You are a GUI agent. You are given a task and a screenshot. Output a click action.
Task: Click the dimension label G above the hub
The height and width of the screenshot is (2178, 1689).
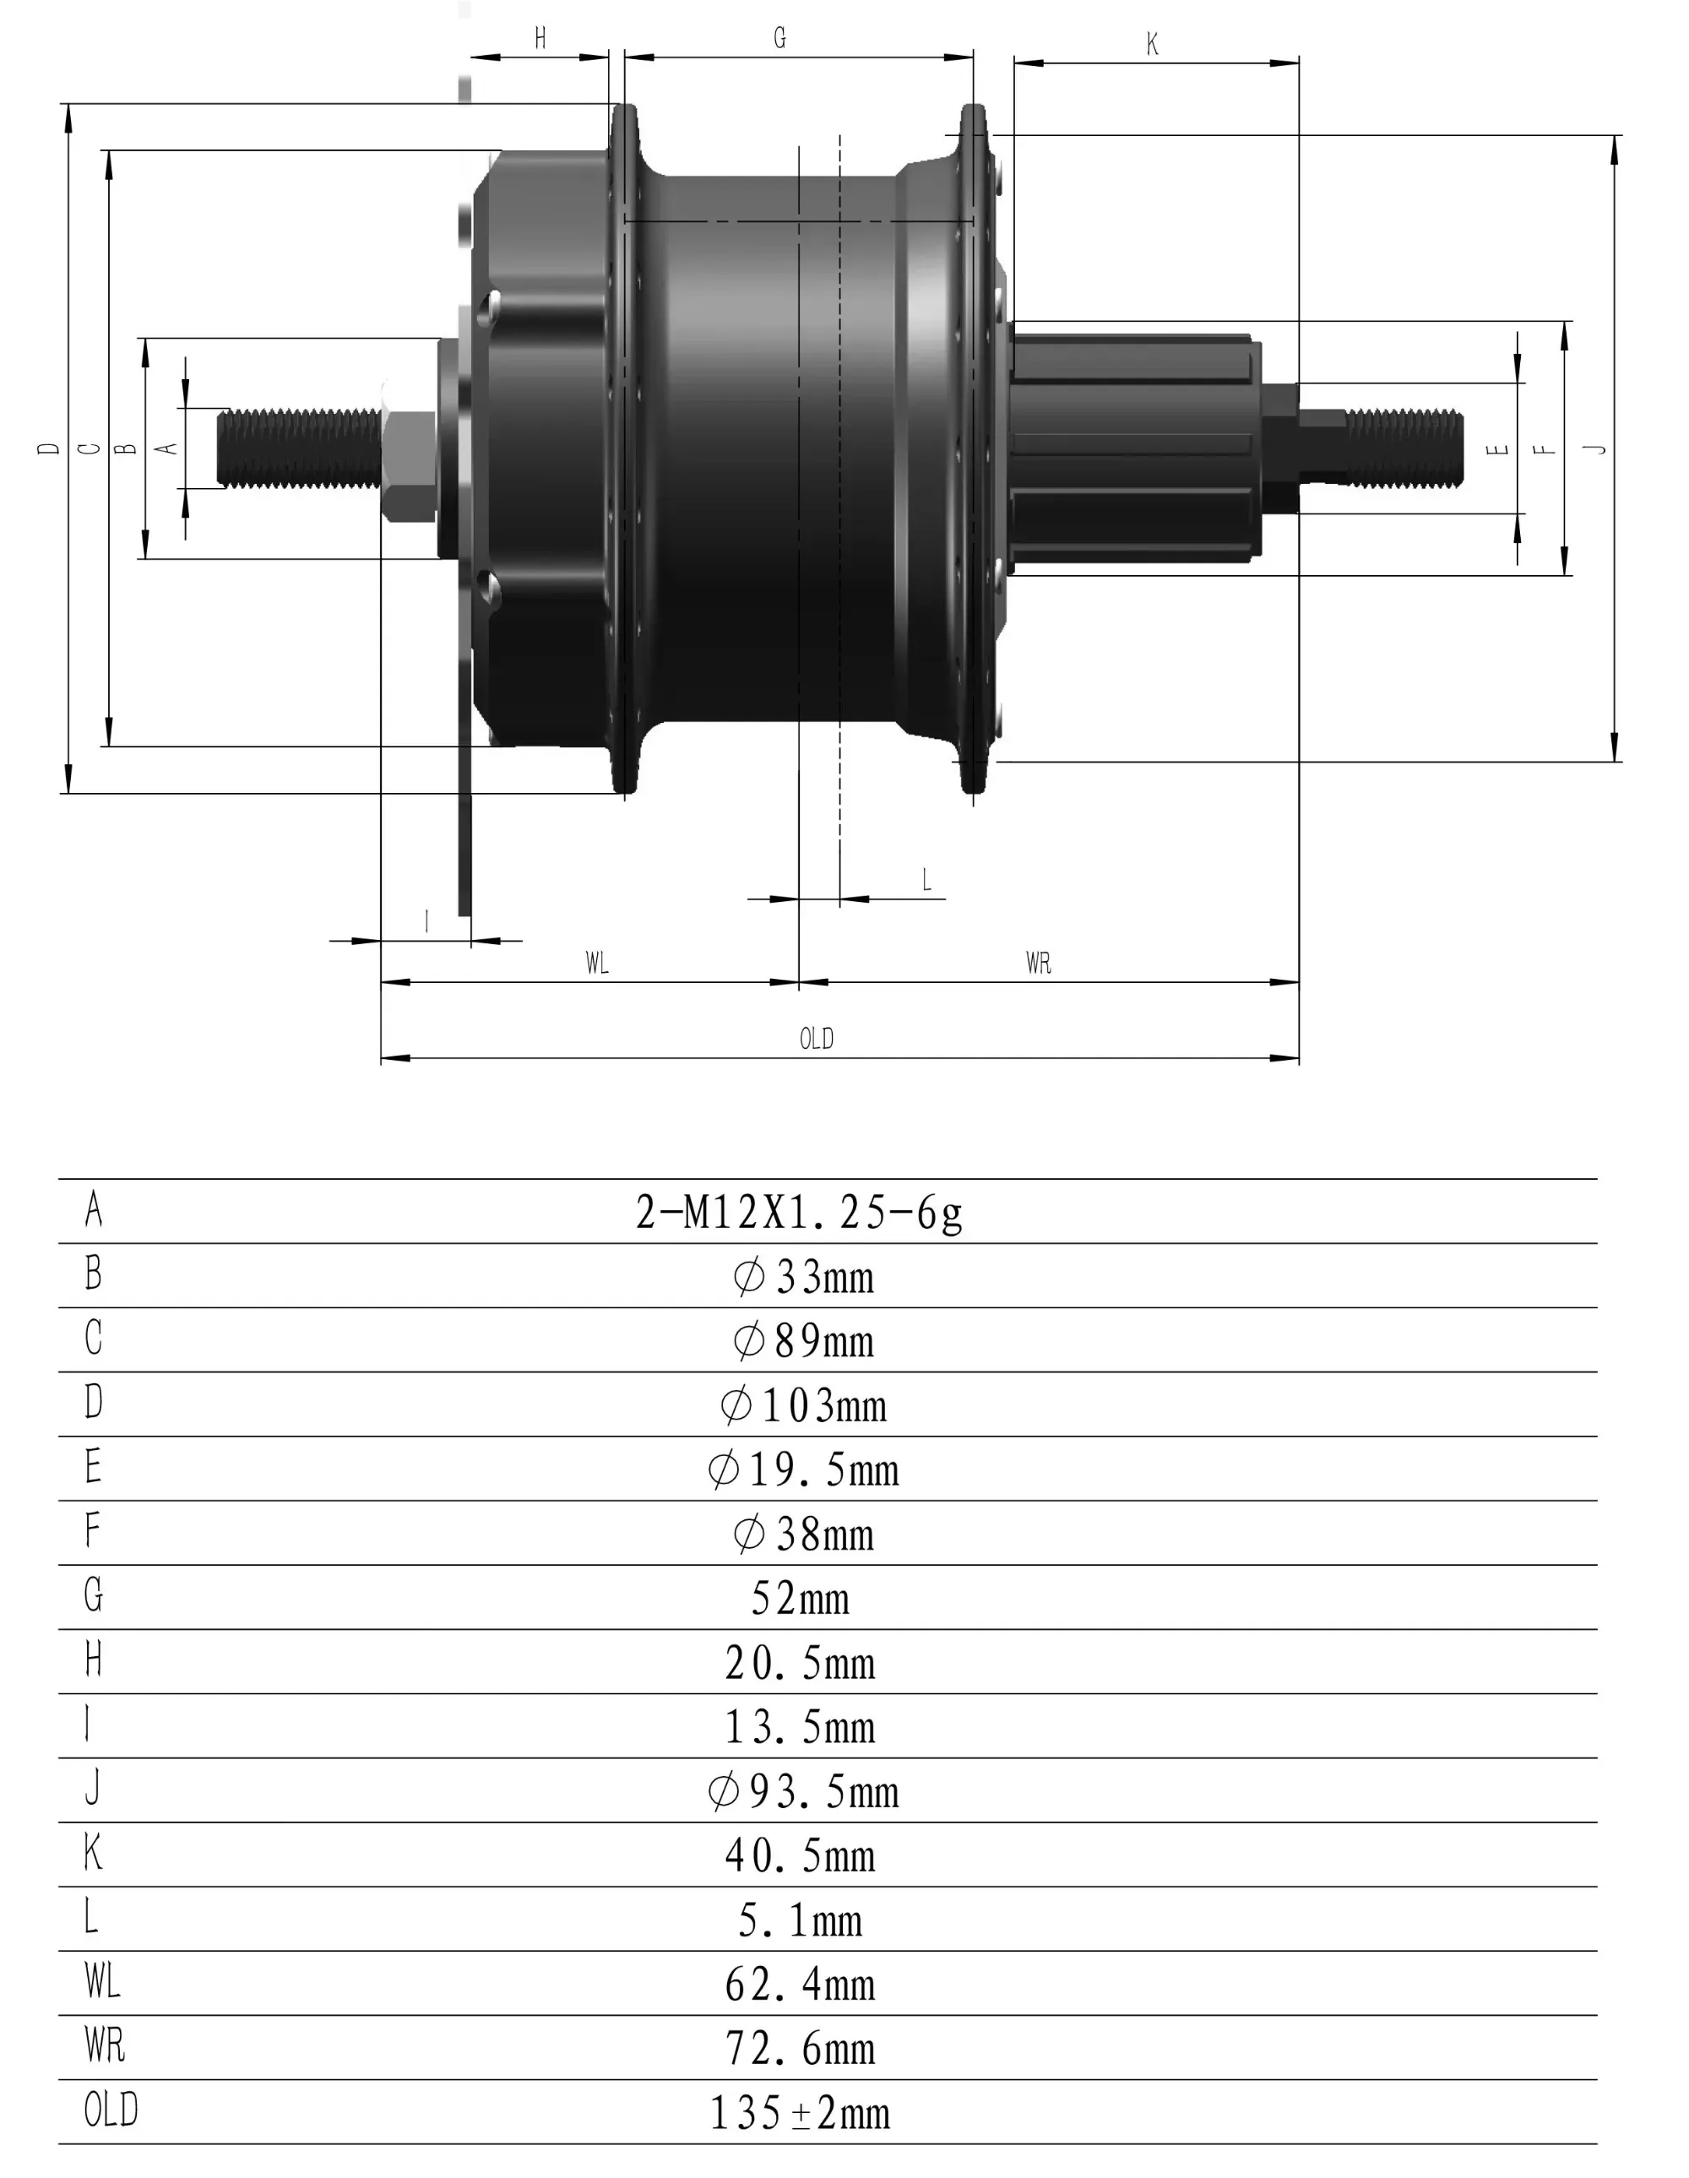point(779,38)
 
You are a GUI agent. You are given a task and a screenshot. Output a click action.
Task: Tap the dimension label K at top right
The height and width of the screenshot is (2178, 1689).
point(1153,45)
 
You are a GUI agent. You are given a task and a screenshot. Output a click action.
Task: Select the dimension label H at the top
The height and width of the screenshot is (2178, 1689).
point(540,38)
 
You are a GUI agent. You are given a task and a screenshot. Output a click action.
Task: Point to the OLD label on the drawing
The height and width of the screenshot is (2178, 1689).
point(816,1039)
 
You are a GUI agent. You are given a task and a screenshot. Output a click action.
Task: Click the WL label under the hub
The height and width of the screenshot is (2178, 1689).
point(596,964)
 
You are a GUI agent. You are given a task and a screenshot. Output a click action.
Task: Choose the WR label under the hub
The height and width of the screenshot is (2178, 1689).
point(1038,964)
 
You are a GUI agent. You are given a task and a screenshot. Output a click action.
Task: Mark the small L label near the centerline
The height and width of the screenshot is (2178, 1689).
point(926,880)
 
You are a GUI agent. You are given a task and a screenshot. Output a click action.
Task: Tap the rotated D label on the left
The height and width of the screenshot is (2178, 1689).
point(49,448)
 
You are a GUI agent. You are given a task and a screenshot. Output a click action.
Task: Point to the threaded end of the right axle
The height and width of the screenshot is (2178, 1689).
point(1406,448)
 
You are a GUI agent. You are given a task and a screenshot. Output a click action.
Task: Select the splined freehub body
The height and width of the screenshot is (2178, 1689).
point(1132,448)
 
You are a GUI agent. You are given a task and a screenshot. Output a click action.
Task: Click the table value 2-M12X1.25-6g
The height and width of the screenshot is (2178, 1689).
point(799,1213)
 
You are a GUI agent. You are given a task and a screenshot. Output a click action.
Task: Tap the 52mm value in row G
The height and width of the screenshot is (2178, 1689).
point(800,1599)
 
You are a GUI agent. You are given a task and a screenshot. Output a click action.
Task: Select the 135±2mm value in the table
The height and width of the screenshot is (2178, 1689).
point(800,2112)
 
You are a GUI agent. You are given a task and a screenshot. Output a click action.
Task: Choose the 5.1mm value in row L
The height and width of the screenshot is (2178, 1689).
point(800,1920)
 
